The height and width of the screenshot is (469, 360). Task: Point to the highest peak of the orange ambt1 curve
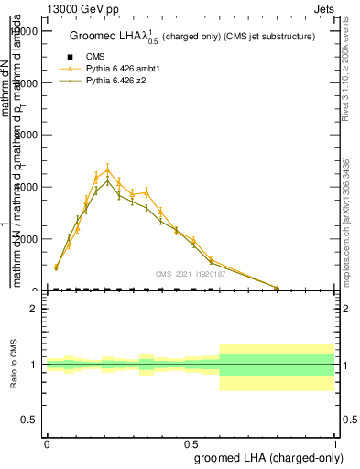(x=108, y=169)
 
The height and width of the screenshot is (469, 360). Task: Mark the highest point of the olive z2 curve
(x=108, y=180)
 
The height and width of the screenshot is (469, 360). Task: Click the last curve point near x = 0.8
(x=278, y=288)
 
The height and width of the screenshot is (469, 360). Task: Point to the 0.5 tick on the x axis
(x=191, y=442)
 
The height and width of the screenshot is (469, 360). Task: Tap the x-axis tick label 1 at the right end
(x=335, y=442)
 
